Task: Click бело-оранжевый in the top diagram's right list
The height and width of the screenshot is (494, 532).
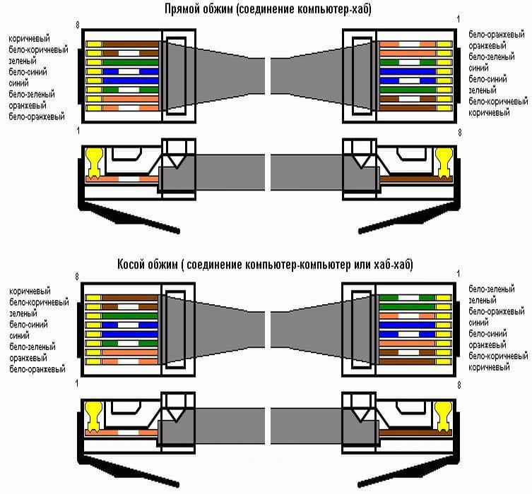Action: pos(494,34)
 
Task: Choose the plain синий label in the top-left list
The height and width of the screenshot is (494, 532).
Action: pos(19,83)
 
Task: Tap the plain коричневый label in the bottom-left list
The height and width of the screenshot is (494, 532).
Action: pos(30,290)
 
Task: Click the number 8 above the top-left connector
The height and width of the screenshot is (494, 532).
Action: pos(78,25)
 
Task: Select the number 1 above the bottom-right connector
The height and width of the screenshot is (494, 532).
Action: pos(459,272)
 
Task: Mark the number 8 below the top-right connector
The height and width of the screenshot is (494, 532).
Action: pos(459,132)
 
